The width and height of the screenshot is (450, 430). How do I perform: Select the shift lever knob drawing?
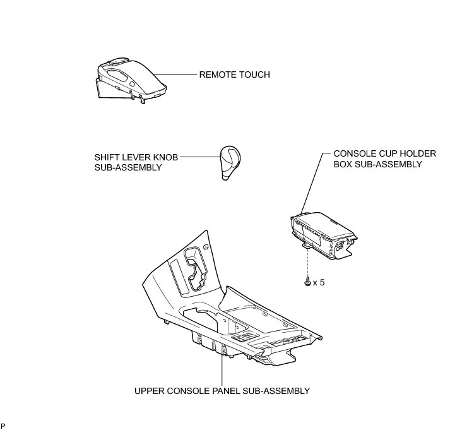coord(230,162)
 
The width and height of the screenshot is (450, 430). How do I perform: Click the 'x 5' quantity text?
coord(319,283)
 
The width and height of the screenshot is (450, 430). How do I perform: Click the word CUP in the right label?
coord(381,153)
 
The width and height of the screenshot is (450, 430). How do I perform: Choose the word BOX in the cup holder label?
coord(343,164)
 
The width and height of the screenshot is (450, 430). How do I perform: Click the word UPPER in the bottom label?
coord(150,391)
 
